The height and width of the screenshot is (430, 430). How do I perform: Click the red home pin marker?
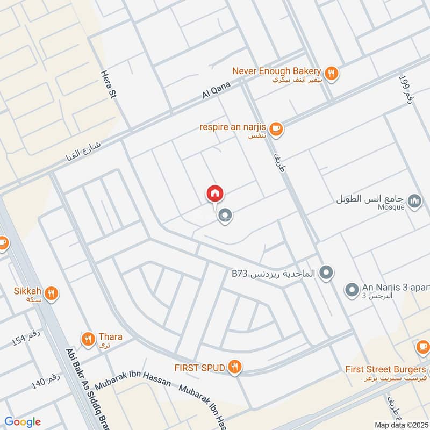(x=215, y=193)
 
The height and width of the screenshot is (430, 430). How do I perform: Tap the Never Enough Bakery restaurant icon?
(x=332, y=73)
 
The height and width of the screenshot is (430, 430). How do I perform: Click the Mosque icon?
(x=414, y=202)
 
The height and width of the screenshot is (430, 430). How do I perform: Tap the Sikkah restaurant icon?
(x=52, y=293)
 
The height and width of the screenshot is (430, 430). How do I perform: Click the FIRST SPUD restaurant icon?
(x=234, y=367)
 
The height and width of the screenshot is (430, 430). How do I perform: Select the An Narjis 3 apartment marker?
(x=352, y=290)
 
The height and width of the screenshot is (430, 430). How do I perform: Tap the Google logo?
(x=23, y=422)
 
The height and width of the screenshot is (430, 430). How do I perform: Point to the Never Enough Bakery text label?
(x=276, y=71)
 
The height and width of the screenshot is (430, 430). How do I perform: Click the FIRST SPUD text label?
(x=199, y=368)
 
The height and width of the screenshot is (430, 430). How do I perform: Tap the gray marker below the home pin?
(x=225, y=216)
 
